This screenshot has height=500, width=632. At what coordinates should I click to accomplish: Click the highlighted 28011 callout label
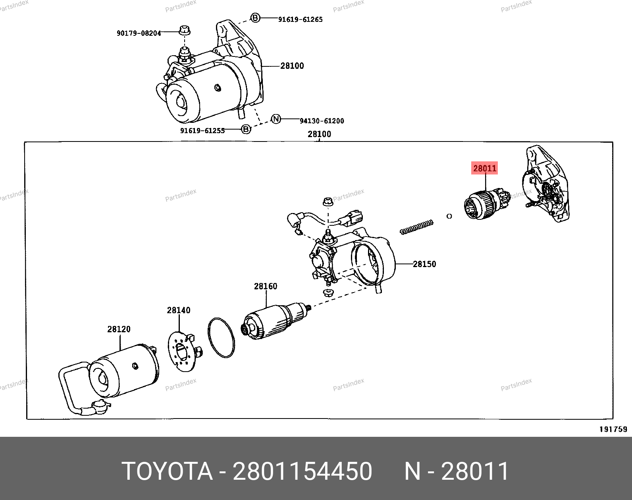pyautogui.click(x=484, y=168)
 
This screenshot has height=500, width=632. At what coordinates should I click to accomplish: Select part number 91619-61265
pyautogui.click(x=300, y=19)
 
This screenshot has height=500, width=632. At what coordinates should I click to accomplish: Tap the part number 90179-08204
pyautogui.click(x=139, y=33)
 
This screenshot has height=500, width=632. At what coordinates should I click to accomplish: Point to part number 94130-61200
pyautogui.click(x=322, y=121)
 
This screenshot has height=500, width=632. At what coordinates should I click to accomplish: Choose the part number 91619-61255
pyautogui.click(x=202, y=131)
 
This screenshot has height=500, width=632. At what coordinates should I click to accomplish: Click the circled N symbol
pyautogui.click(x=276, y=119)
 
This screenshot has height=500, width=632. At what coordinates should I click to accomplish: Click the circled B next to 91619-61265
pyautogui.click(x=255, y=18)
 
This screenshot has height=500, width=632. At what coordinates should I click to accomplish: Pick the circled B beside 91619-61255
pyautogui.click(x=246, y=129)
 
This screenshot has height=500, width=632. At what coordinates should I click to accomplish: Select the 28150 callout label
pyautogui.click(x=424, y=264)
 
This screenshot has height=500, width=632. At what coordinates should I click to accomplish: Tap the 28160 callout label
pyautogui.click(x=266, y=286)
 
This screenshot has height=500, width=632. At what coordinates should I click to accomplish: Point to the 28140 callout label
pyautogui.click(x=179, y=310)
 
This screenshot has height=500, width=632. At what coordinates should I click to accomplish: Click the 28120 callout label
pyautogui.click(x=119, y=329)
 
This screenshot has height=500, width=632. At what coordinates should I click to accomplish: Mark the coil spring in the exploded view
pyautogui.click(x=417, y=227)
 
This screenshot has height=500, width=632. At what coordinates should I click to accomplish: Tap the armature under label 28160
pyautogui.click(x=276, y=322)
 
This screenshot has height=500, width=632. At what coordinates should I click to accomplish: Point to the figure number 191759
pyautogui.click(x=613, y=429)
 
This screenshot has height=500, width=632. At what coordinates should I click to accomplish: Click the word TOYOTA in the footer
pyautogui.click(x=167, y=471)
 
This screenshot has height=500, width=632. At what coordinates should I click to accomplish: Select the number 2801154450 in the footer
pyautogui.click(x=302, y=471)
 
